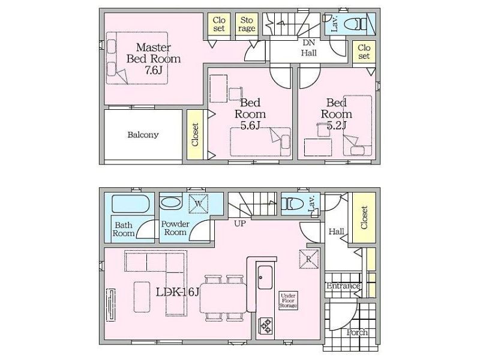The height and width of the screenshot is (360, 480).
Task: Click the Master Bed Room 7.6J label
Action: (x=154, y=58)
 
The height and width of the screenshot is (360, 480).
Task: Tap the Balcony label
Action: (x=143, y=134)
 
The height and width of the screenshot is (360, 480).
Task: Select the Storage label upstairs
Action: (x=247, y=24)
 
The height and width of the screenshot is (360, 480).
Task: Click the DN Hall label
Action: (x=308, y=48)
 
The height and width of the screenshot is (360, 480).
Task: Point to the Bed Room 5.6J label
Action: (x=250, y=114)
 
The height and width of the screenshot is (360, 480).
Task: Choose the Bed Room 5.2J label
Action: (x=336, y=114)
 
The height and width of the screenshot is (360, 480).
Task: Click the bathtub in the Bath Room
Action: (x=131, y=203)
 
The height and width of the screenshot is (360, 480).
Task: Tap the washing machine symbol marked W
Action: (x=199, y=203)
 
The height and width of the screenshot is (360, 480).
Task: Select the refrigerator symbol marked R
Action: (x=308, y=259)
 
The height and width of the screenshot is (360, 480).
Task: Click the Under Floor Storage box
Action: (x=288, y=301)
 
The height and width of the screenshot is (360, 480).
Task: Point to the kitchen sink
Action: (x=265, y=277)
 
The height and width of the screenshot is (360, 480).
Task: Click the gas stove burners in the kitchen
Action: (x=265, y=325)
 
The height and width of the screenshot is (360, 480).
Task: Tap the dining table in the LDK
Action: (x=223, y=298)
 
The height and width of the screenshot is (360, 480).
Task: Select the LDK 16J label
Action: (x=178, y=292)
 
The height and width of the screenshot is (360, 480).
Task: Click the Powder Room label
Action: (x=175, y=228)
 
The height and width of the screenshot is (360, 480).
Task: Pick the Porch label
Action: (x=357, y=332)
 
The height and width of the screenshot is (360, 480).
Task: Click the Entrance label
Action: (x=343, y=286)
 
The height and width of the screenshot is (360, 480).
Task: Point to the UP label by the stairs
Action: (x=239, y=223)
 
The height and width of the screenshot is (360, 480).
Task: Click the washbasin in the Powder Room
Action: (x=171, y=203)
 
